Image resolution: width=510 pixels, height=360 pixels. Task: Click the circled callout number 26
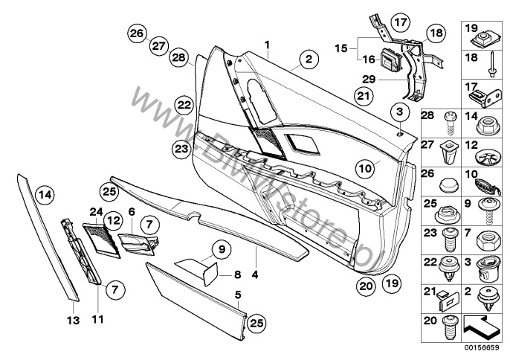click(136, 33)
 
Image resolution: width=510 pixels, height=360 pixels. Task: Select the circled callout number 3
click(400, 112)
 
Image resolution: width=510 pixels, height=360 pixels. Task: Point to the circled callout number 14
click(45, 196)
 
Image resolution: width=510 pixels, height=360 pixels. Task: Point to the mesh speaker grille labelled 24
click(97, 240)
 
